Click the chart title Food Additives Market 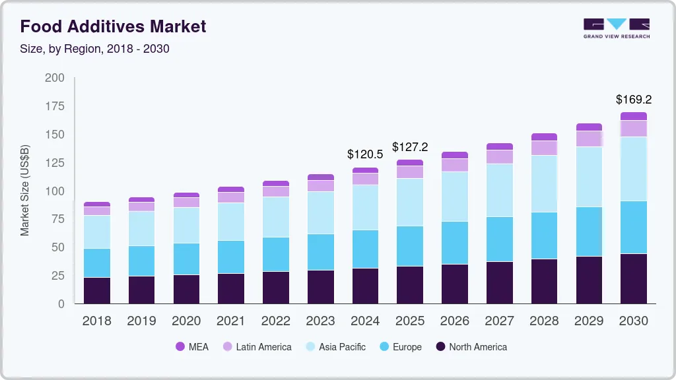tap(113, 26)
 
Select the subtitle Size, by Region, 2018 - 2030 tap(94, 49)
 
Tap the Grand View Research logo tap(616, 28)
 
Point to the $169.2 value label tap(634, 100)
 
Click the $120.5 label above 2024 tap(365, 154)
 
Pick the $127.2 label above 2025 tap(410, 147)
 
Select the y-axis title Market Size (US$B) tap(25, 190)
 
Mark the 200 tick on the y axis tap(55, 78)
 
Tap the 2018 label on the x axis tap(96, 321)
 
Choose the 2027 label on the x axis tap(500, 321)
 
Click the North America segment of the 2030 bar tap(634, 278)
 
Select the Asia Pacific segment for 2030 tap(634, 169)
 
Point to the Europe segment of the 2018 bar tap(96, 263)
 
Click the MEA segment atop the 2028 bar tap(544, 137)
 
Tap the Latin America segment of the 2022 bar tap(275, 191)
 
